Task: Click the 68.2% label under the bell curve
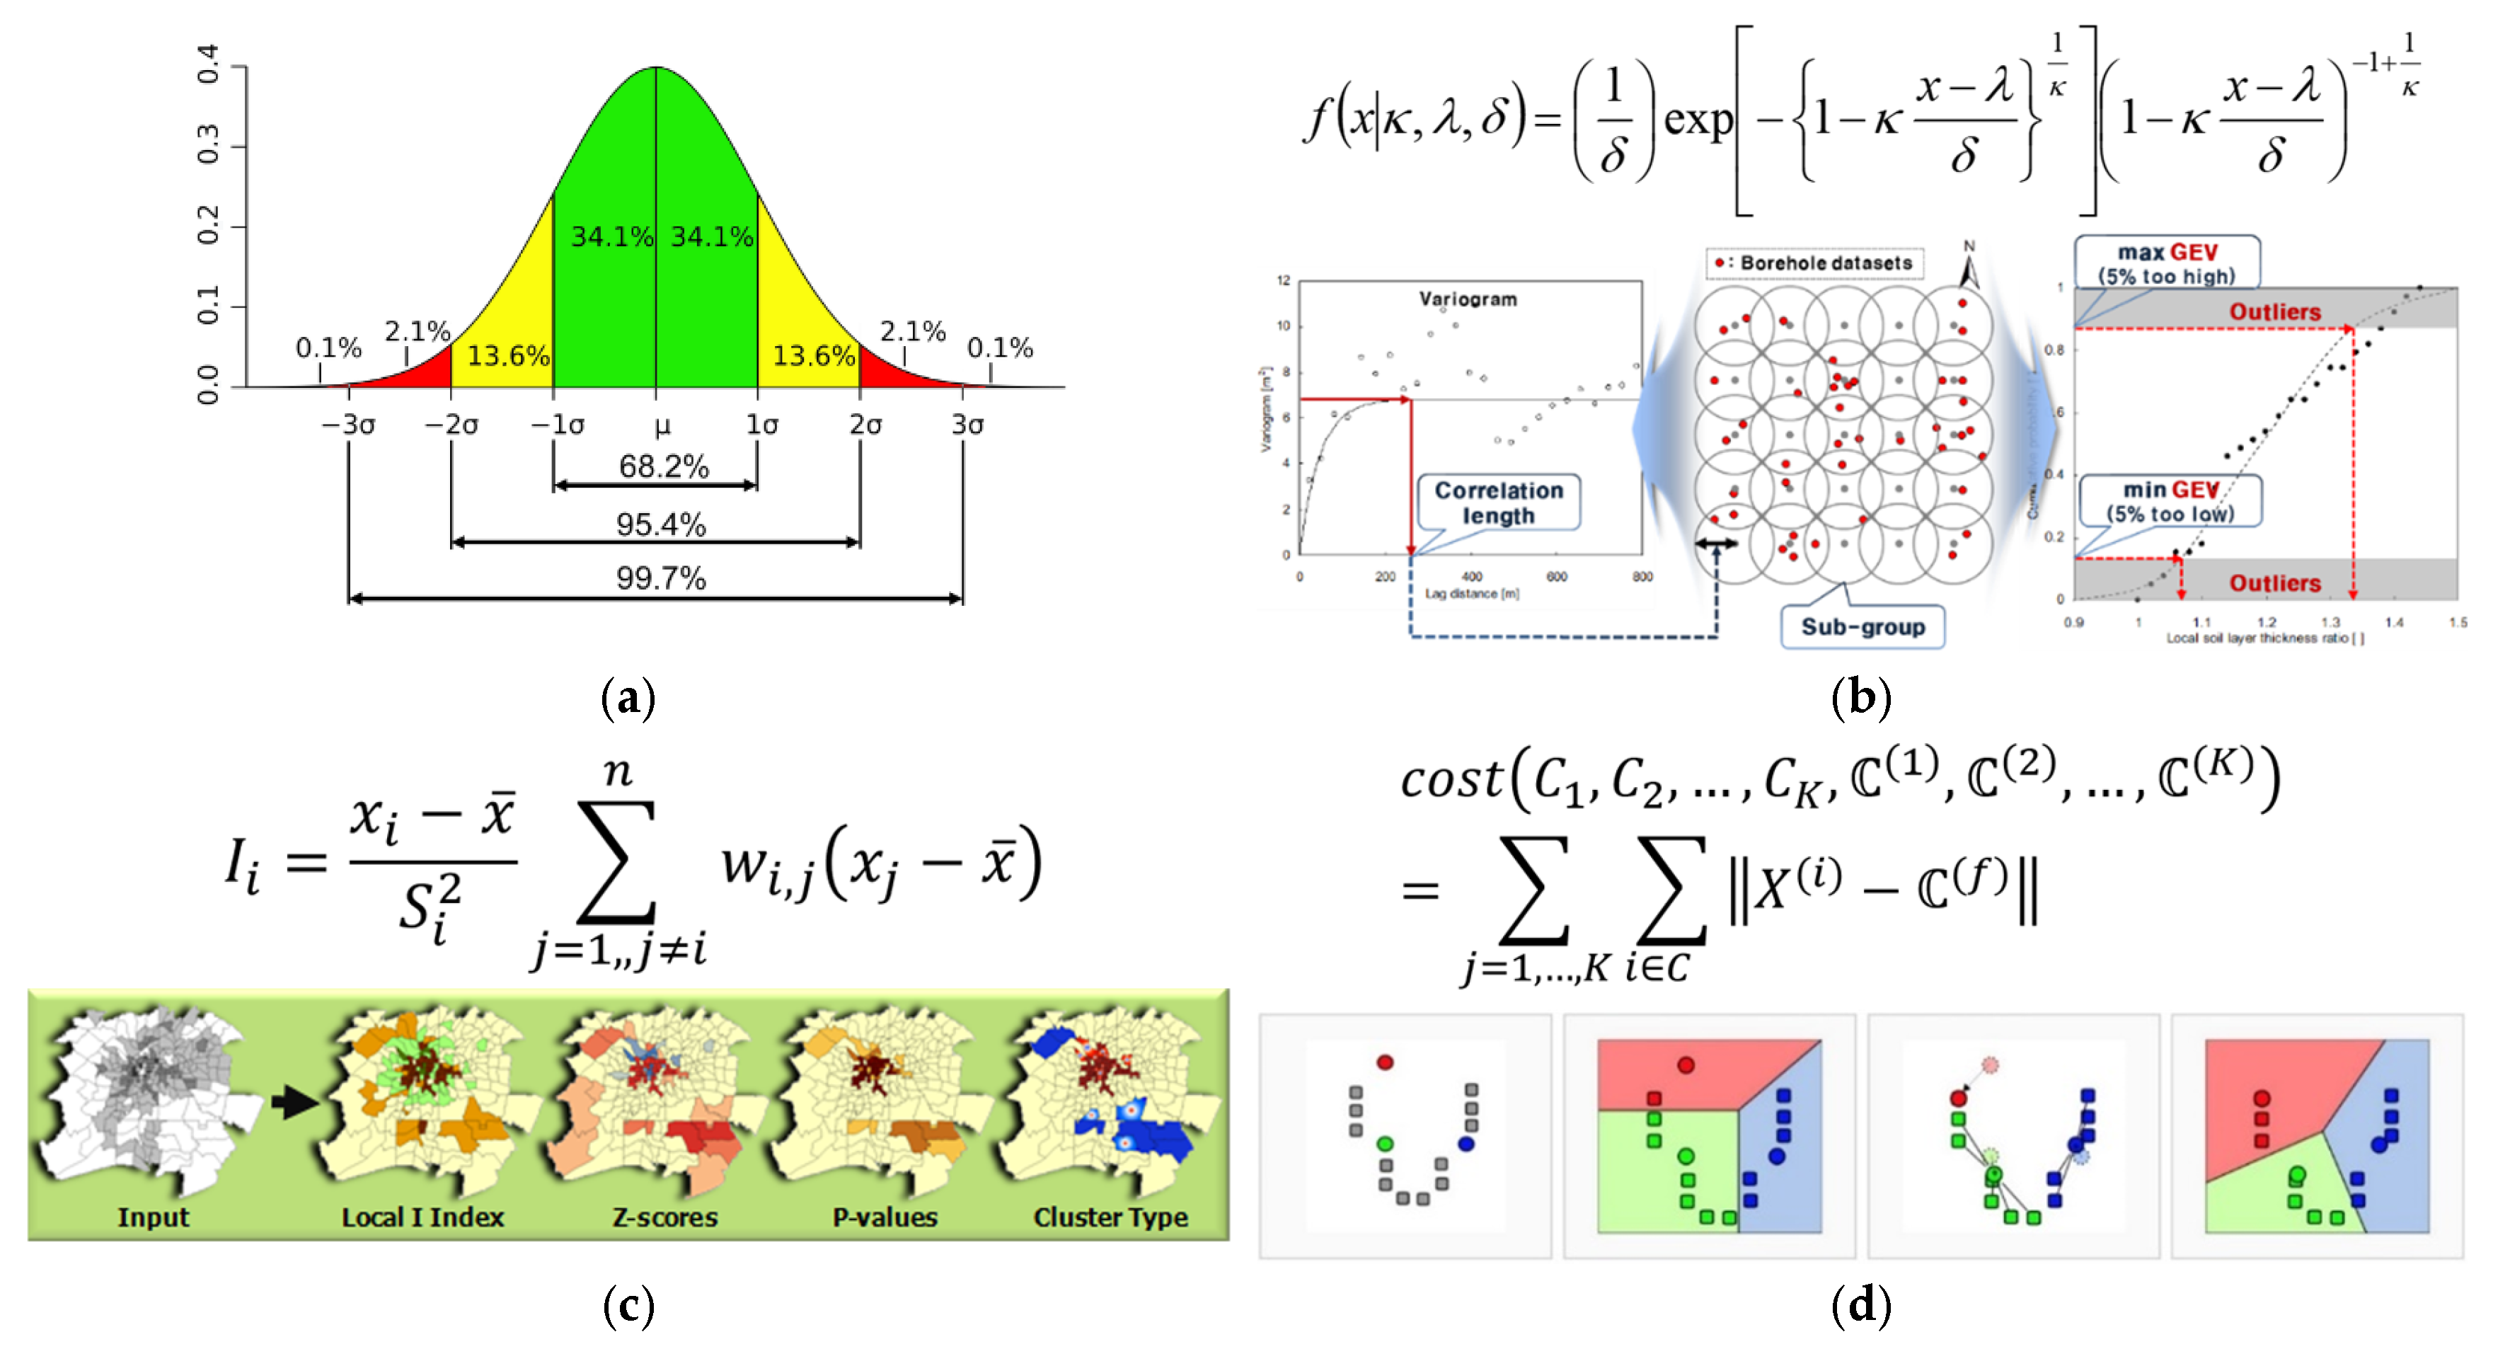coord(664,466)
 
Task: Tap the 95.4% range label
coord(661,524)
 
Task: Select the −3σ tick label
coord(348,424)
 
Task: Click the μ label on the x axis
coord(662,425)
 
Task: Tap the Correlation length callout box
coord(1498,503)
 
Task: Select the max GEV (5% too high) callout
coord(2167,263)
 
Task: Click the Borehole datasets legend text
coord(1825,263)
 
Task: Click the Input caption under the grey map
coord(153,1217)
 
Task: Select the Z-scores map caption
coord(665,1217)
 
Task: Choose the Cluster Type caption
coord(1110,1217)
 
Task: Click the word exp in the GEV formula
coord(1698,120)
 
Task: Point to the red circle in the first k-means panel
coord(1385,1062)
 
